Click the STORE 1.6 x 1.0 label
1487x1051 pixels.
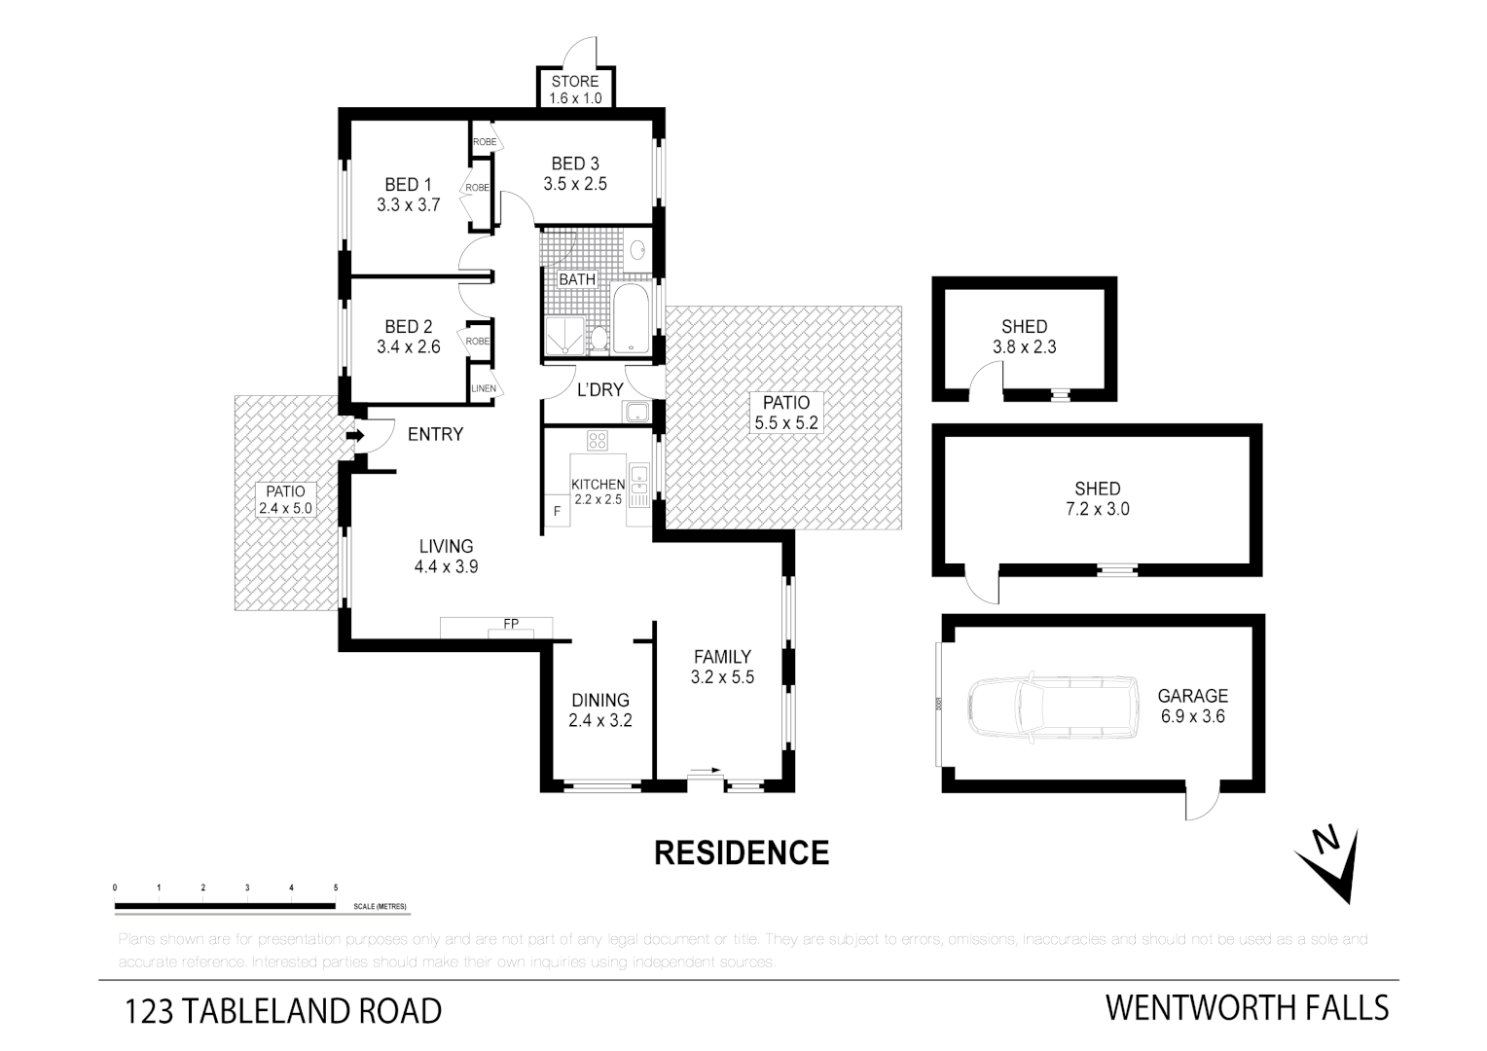[575, 90]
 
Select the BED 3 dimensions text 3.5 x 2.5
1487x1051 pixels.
[575, 184]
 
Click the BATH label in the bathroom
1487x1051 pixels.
[577, 279]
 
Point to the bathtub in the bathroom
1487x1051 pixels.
[634, 319]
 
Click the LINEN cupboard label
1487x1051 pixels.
[484, 388]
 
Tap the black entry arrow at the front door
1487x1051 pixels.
[356, 436]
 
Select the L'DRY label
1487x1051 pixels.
[599, 390]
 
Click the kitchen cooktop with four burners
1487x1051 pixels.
[598, 441]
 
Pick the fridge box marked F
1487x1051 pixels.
[557, 511]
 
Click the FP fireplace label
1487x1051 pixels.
[510, 623]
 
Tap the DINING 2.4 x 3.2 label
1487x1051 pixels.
[599, 710]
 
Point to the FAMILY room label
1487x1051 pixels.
[722, 657]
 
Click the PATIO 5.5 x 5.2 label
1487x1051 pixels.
[785, 413]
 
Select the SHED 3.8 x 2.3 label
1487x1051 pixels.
[1024, 336]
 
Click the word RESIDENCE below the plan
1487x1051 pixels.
[742, 853]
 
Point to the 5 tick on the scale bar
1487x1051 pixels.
[336, 888]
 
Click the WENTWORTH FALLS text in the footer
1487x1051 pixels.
[1247, 1008]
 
